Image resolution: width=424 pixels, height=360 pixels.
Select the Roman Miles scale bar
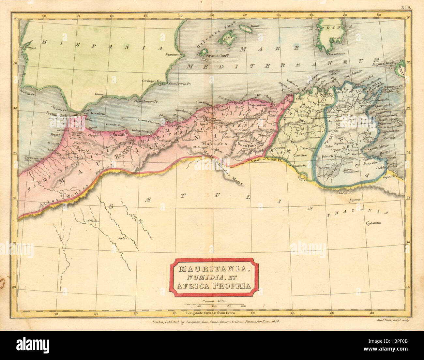(x=214, y=304)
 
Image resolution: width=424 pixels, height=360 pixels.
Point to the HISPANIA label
(x=103, y=46)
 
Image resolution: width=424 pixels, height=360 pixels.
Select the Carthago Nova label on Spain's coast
(x=153, y=81)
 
